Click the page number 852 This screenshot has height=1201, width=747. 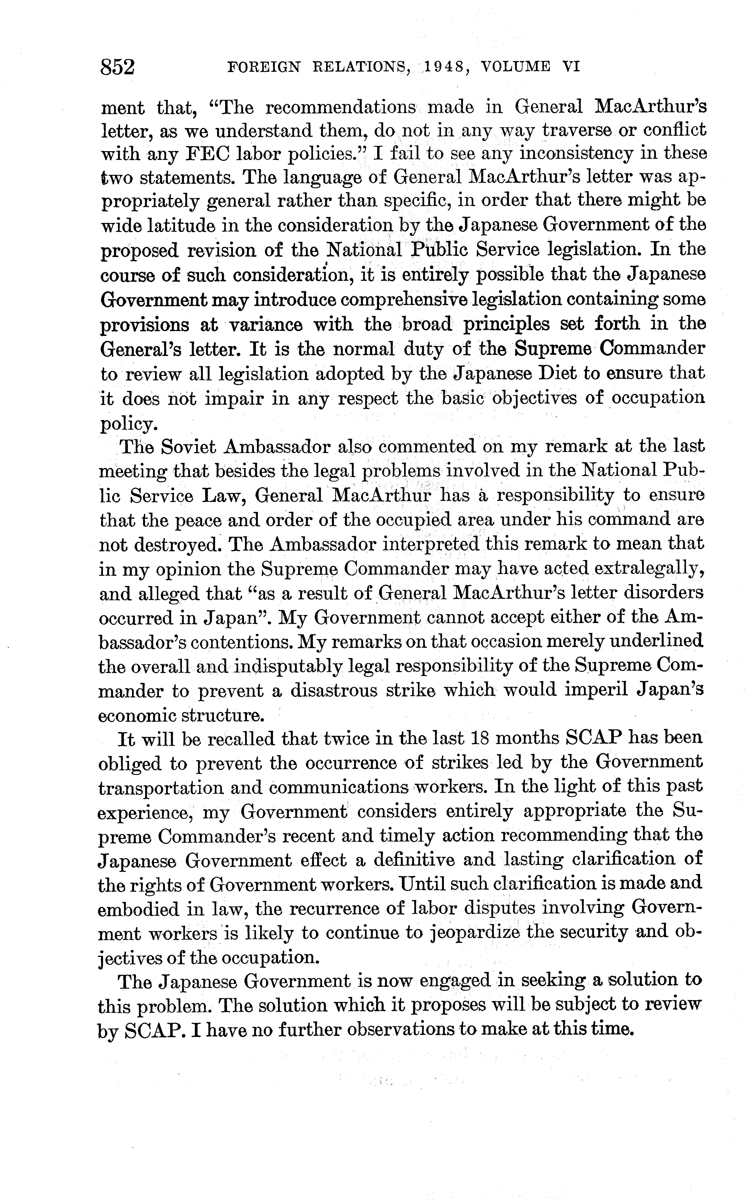coord(118,67)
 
